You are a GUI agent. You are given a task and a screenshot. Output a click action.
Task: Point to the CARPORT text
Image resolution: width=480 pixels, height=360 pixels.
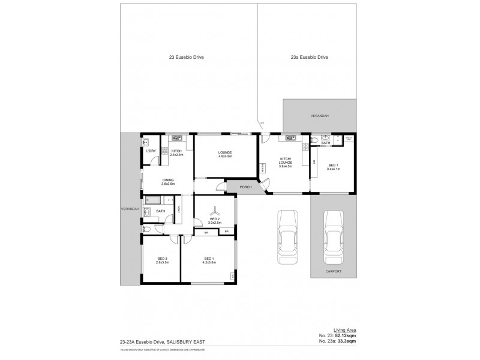click(x=333, y=271)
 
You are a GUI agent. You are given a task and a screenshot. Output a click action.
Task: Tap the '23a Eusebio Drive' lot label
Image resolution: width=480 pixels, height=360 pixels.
click(x=309, y=58)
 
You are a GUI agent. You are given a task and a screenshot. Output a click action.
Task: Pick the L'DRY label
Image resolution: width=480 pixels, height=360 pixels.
click(x=151, y=151)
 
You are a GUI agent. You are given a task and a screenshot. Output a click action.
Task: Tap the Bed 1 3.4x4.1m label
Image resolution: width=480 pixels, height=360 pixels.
click(x=333, y=166)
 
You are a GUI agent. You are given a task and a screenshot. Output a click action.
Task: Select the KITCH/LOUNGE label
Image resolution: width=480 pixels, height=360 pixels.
click(x=286, y=162)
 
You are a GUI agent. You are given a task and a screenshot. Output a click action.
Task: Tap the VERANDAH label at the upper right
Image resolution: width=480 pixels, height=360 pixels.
click(x=319, y=115)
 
